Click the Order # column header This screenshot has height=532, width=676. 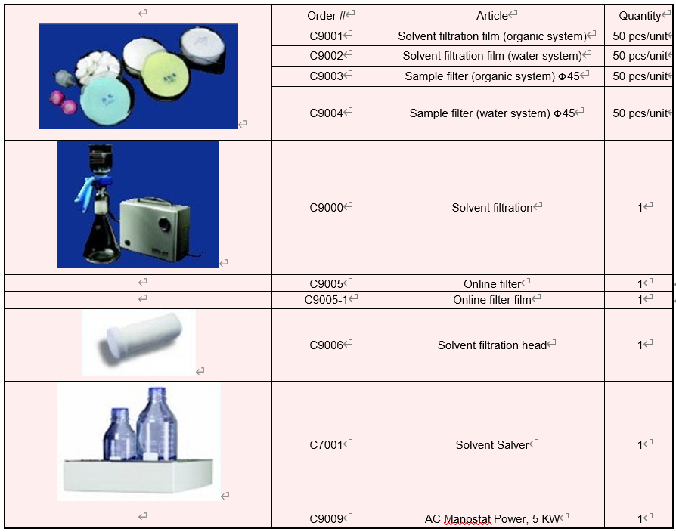click(x=327, y=16)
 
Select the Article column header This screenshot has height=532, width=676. click(x=492, y=16)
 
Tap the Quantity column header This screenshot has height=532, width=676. click(x=640, y=16)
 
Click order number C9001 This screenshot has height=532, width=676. click(x=326, y=36)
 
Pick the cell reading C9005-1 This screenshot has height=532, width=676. click(x=326, y=300)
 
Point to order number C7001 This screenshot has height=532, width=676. click(x=326, y=444)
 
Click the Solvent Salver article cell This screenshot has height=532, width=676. click(x=492, y=444)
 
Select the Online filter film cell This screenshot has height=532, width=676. click(x=492, y=300)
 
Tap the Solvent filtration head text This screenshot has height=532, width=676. click(x=492, y=345)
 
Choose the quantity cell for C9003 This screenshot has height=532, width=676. click(x=640, y=76)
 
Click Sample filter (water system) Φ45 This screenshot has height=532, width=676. click(x=492, y=113)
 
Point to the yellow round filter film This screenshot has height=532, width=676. click(x=166, y=78)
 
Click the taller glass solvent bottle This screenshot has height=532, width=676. click(x=157, y=424)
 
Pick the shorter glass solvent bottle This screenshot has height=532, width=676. click(x=121, y=435)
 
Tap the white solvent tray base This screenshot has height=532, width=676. click(x=138, y=476)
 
